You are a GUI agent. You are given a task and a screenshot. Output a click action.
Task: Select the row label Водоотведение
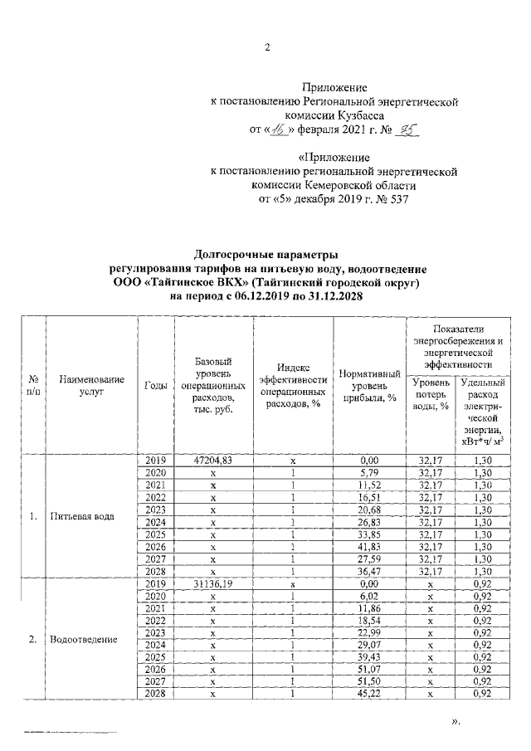pos(83,640)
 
